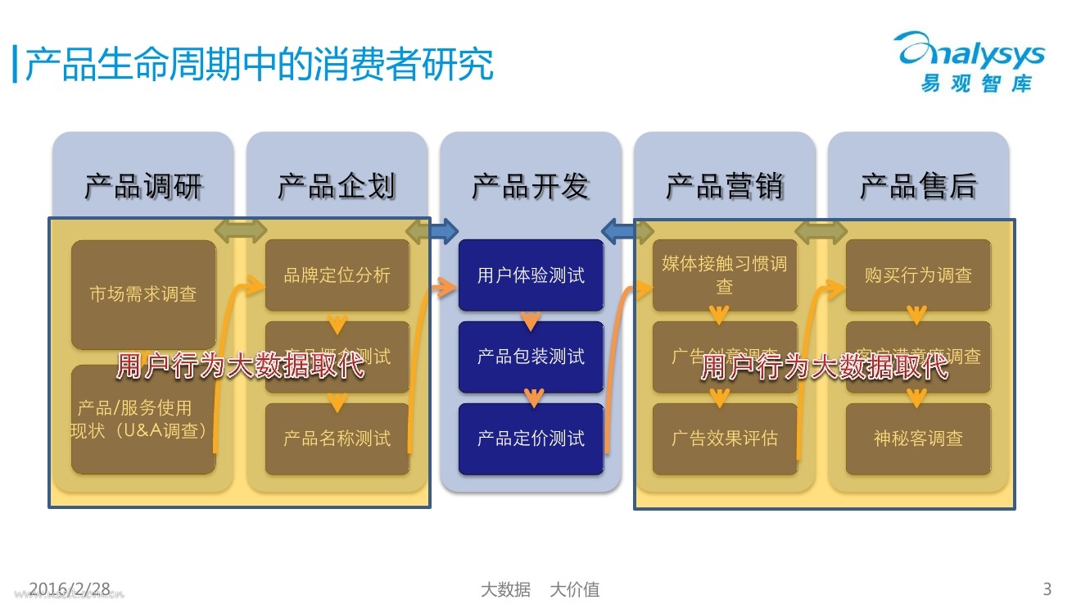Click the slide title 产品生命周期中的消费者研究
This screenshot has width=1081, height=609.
[259, 65]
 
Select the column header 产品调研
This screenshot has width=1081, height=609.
[143, 187]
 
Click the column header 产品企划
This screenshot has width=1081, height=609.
[337, 187]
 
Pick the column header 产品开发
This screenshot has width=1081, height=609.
[531, 187]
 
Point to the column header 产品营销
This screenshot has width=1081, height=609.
[725, 187]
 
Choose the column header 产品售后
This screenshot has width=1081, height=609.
[918, 187]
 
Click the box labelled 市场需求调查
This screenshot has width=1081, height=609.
[143, 294]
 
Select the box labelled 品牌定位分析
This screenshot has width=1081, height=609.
[337, 275]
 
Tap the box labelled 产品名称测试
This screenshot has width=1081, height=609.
[337, 439]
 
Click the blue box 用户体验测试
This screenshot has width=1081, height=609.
[531, 275]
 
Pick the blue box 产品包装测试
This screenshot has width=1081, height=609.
[531, 357]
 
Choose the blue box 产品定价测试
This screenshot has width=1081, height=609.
[531, 439]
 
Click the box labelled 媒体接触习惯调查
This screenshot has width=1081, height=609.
[725, 275]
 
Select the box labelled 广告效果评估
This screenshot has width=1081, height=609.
[725, 439]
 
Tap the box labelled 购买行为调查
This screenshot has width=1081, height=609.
[918, 275]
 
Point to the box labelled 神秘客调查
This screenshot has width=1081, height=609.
[918, 439]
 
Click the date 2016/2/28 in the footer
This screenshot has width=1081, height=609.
[70, 589]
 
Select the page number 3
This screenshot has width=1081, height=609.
[1047, 589]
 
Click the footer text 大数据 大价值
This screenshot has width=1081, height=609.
[540, 589]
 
